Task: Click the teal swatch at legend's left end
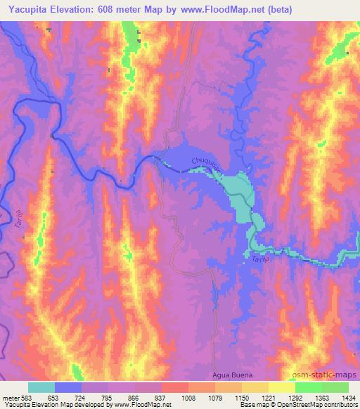point(41,387)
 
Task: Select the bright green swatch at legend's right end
point(335,387)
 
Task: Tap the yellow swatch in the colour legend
point(281,387)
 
